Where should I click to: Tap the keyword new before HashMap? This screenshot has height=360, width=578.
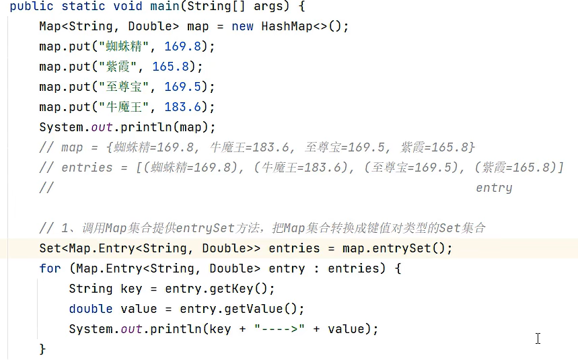pos(242,26)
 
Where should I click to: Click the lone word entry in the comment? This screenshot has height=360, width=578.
pos(494,188)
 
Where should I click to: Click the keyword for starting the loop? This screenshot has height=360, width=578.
pos(50,268)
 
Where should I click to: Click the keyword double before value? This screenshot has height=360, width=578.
pos(90,309)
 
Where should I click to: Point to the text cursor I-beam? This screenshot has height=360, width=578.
pos(538,338)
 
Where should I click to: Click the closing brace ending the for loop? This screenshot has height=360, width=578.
pos(43,349)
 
